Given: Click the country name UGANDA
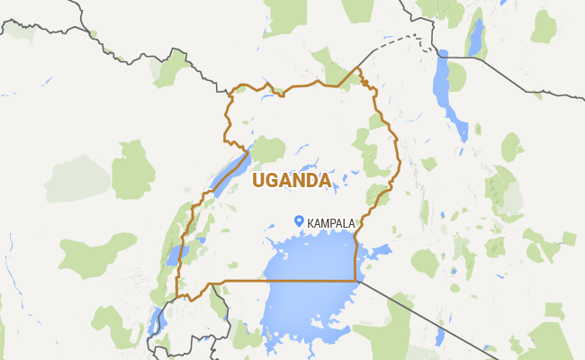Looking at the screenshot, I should tap(291, 181).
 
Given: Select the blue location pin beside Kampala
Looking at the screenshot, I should tap(299, 220).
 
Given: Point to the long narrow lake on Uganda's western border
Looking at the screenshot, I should tap(230, 170).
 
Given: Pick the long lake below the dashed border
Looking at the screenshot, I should tap(445, 90).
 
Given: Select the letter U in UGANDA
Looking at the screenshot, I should tap(259, 181).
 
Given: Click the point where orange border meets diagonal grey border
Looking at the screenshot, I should tap(358, 281).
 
